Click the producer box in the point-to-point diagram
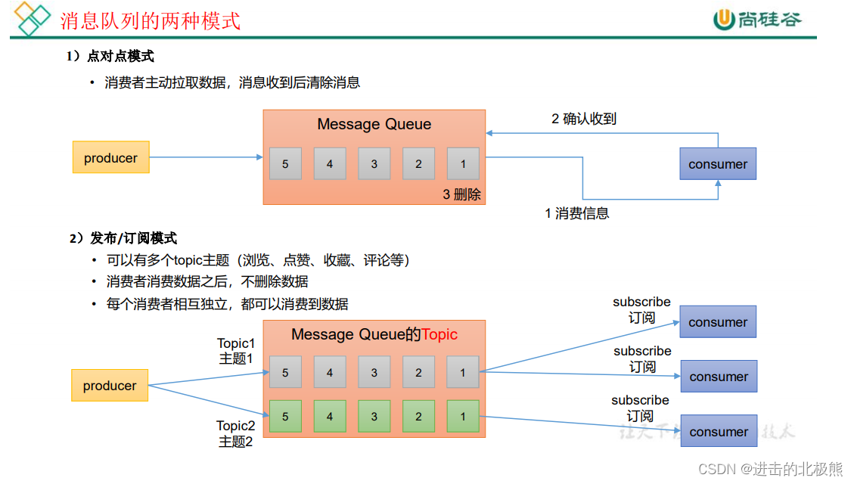[110, 157]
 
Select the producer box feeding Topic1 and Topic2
[110, 386]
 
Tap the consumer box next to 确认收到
[718, 164]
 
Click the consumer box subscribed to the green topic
[719, 431]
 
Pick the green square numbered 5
[285, 416]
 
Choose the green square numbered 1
[463, 416]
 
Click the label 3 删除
[461, 194]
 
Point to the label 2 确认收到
[584, 118]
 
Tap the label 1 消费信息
[576, 213]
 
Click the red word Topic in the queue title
[439, 334]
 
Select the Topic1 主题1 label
[236, 351]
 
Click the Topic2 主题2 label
[236, 434]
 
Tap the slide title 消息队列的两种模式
[151, 20]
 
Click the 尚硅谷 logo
[757, 20]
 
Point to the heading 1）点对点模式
[110, 57]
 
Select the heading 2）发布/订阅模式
[123, 238]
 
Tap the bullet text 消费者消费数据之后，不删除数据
[207, 282]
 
